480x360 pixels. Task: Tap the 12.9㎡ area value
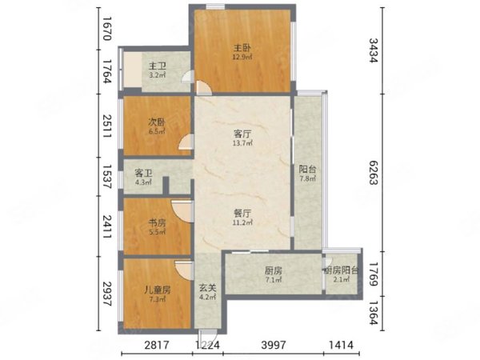[x=242, y=57]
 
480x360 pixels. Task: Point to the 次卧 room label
[x=157, y=122]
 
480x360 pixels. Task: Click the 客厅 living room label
[x=242, y=134]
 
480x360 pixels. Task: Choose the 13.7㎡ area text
[x=242, y=142]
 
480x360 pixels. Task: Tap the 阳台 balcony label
[x=307, y=170]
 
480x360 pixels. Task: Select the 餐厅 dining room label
[x=242, y=213]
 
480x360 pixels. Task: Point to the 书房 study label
[x=158, y=222]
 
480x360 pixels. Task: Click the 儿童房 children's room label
[x=158, y=290]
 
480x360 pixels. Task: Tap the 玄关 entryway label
[x=208, y=288]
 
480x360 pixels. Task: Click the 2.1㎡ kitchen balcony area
[x=342, y=279]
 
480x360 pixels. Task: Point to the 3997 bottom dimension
[x=274, y=346]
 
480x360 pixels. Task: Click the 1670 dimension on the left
[x=106, y=29]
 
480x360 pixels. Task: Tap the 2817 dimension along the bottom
[x=157, y=346]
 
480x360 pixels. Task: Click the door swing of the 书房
[x=182, y=211]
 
